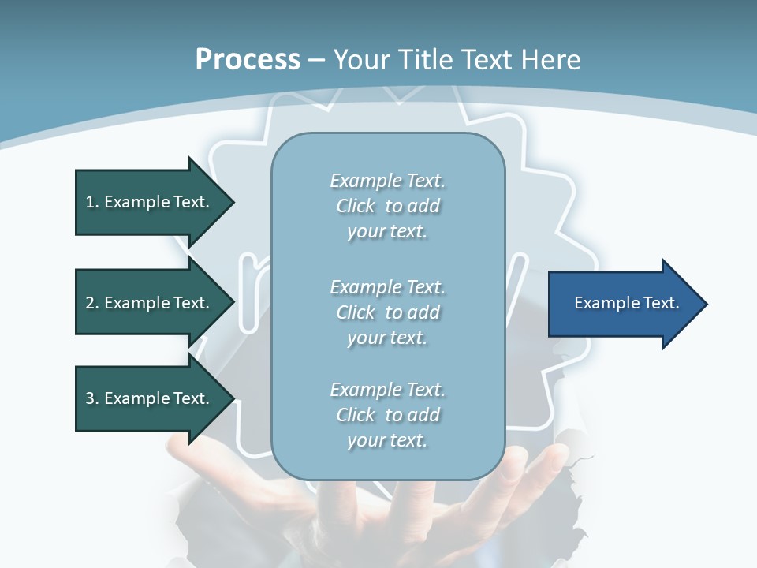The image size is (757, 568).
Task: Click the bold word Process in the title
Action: point(248,60)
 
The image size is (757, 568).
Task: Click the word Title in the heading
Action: point(423,60)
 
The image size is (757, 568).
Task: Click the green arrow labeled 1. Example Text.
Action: point(150,203)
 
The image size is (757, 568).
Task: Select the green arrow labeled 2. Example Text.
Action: point(150,304)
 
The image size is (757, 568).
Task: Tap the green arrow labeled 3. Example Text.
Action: point(150,399)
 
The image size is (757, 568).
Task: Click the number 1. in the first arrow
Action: point(92,203)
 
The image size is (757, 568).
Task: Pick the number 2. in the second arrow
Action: point(92,304)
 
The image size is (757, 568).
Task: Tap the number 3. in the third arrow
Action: point(92,399)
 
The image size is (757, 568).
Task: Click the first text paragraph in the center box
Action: point(387,206)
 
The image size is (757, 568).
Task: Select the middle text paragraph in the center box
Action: point(387,312)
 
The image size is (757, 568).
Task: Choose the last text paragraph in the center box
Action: point(387,415)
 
